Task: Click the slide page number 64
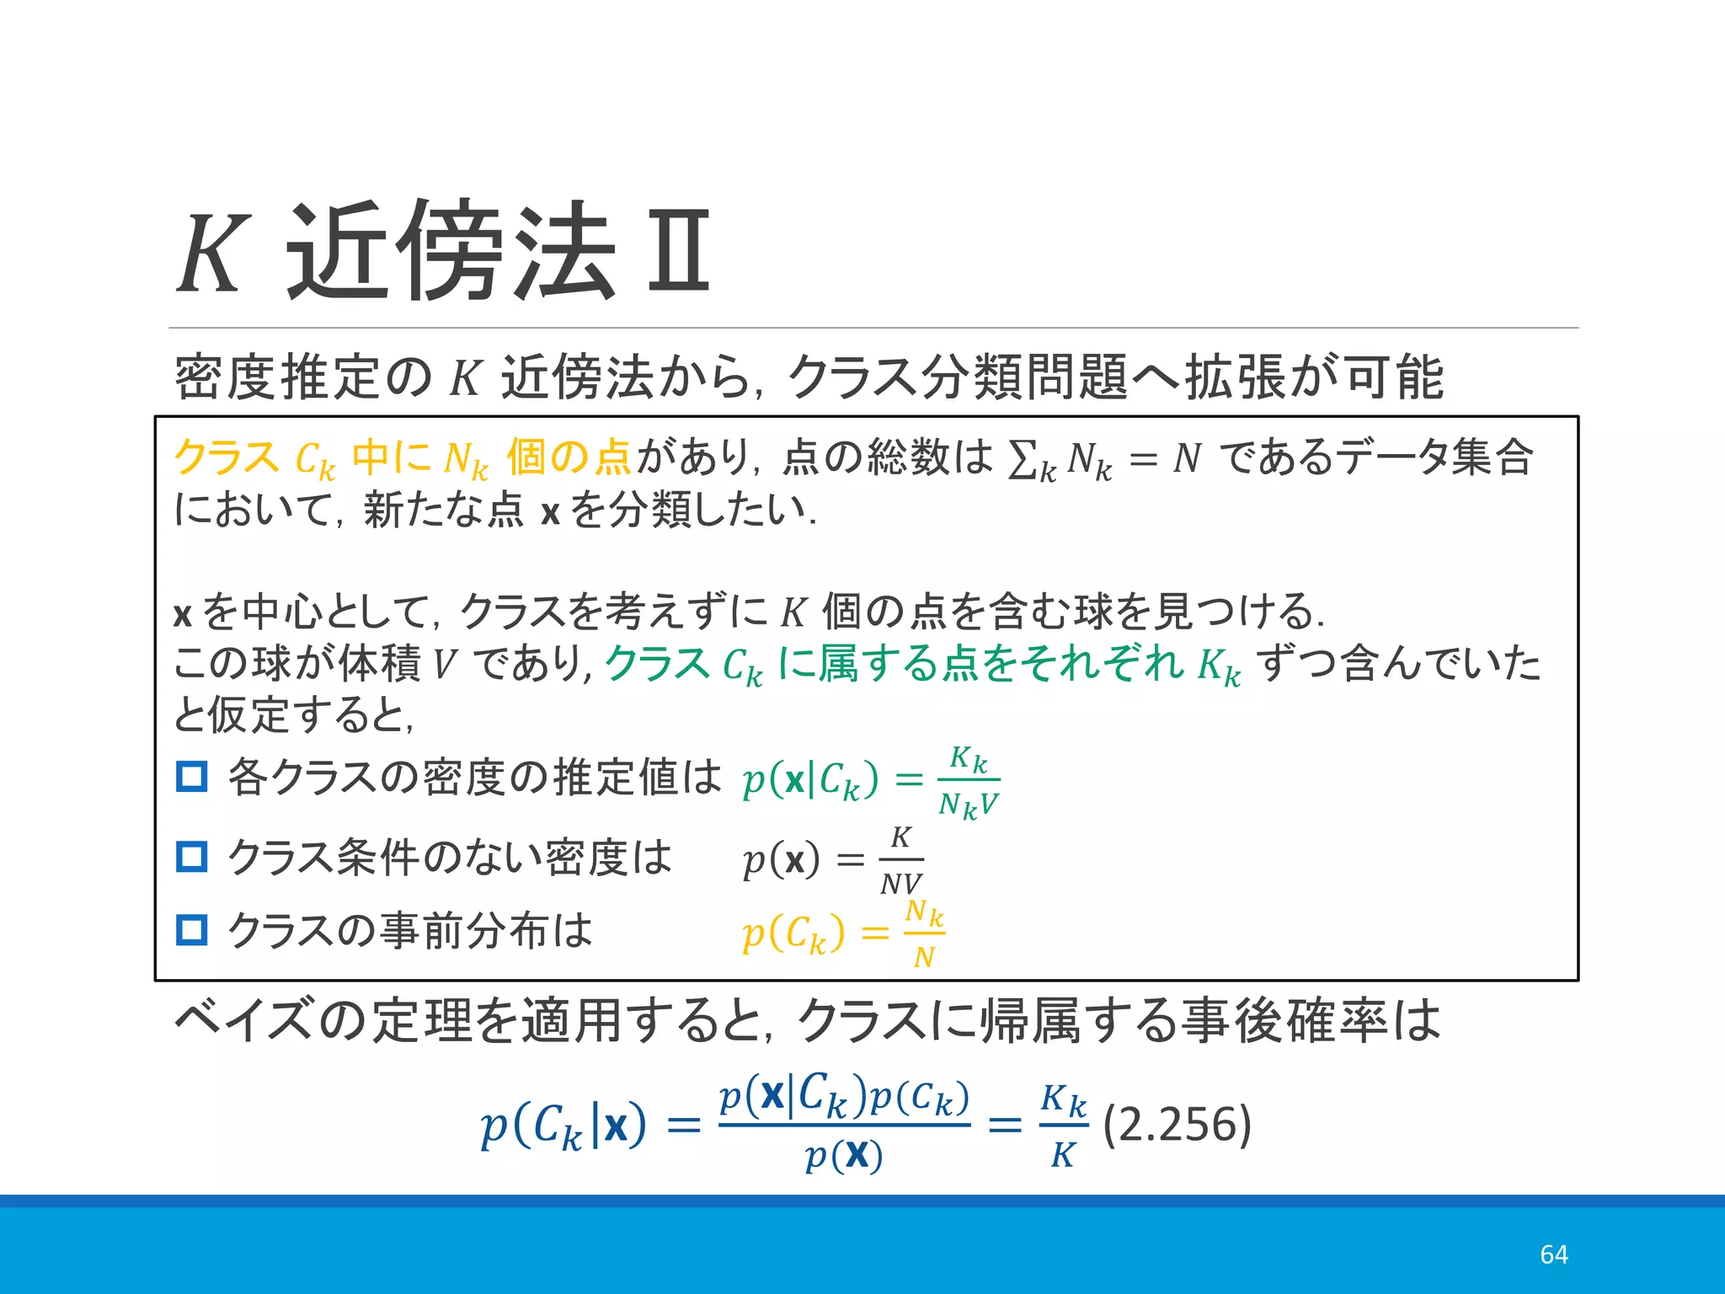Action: point(1554,1254)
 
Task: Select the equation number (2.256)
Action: point(1177,1125)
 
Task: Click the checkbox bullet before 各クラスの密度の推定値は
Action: point(192,776)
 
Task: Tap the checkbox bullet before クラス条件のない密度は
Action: point(192,857)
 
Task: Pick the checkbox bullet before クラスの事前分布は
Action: point(192,930)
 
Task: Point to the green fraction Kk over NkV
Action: point(969,782)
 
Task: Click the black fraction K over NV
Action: point(901,860)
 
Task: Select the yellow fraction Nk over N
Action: point(924,933)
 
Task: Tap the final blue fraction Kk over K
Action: point(1063,1126)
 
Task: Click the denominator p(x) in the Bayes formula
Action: point(844,1156)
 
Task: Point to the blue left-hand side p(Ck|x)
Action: point(563,1126)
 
